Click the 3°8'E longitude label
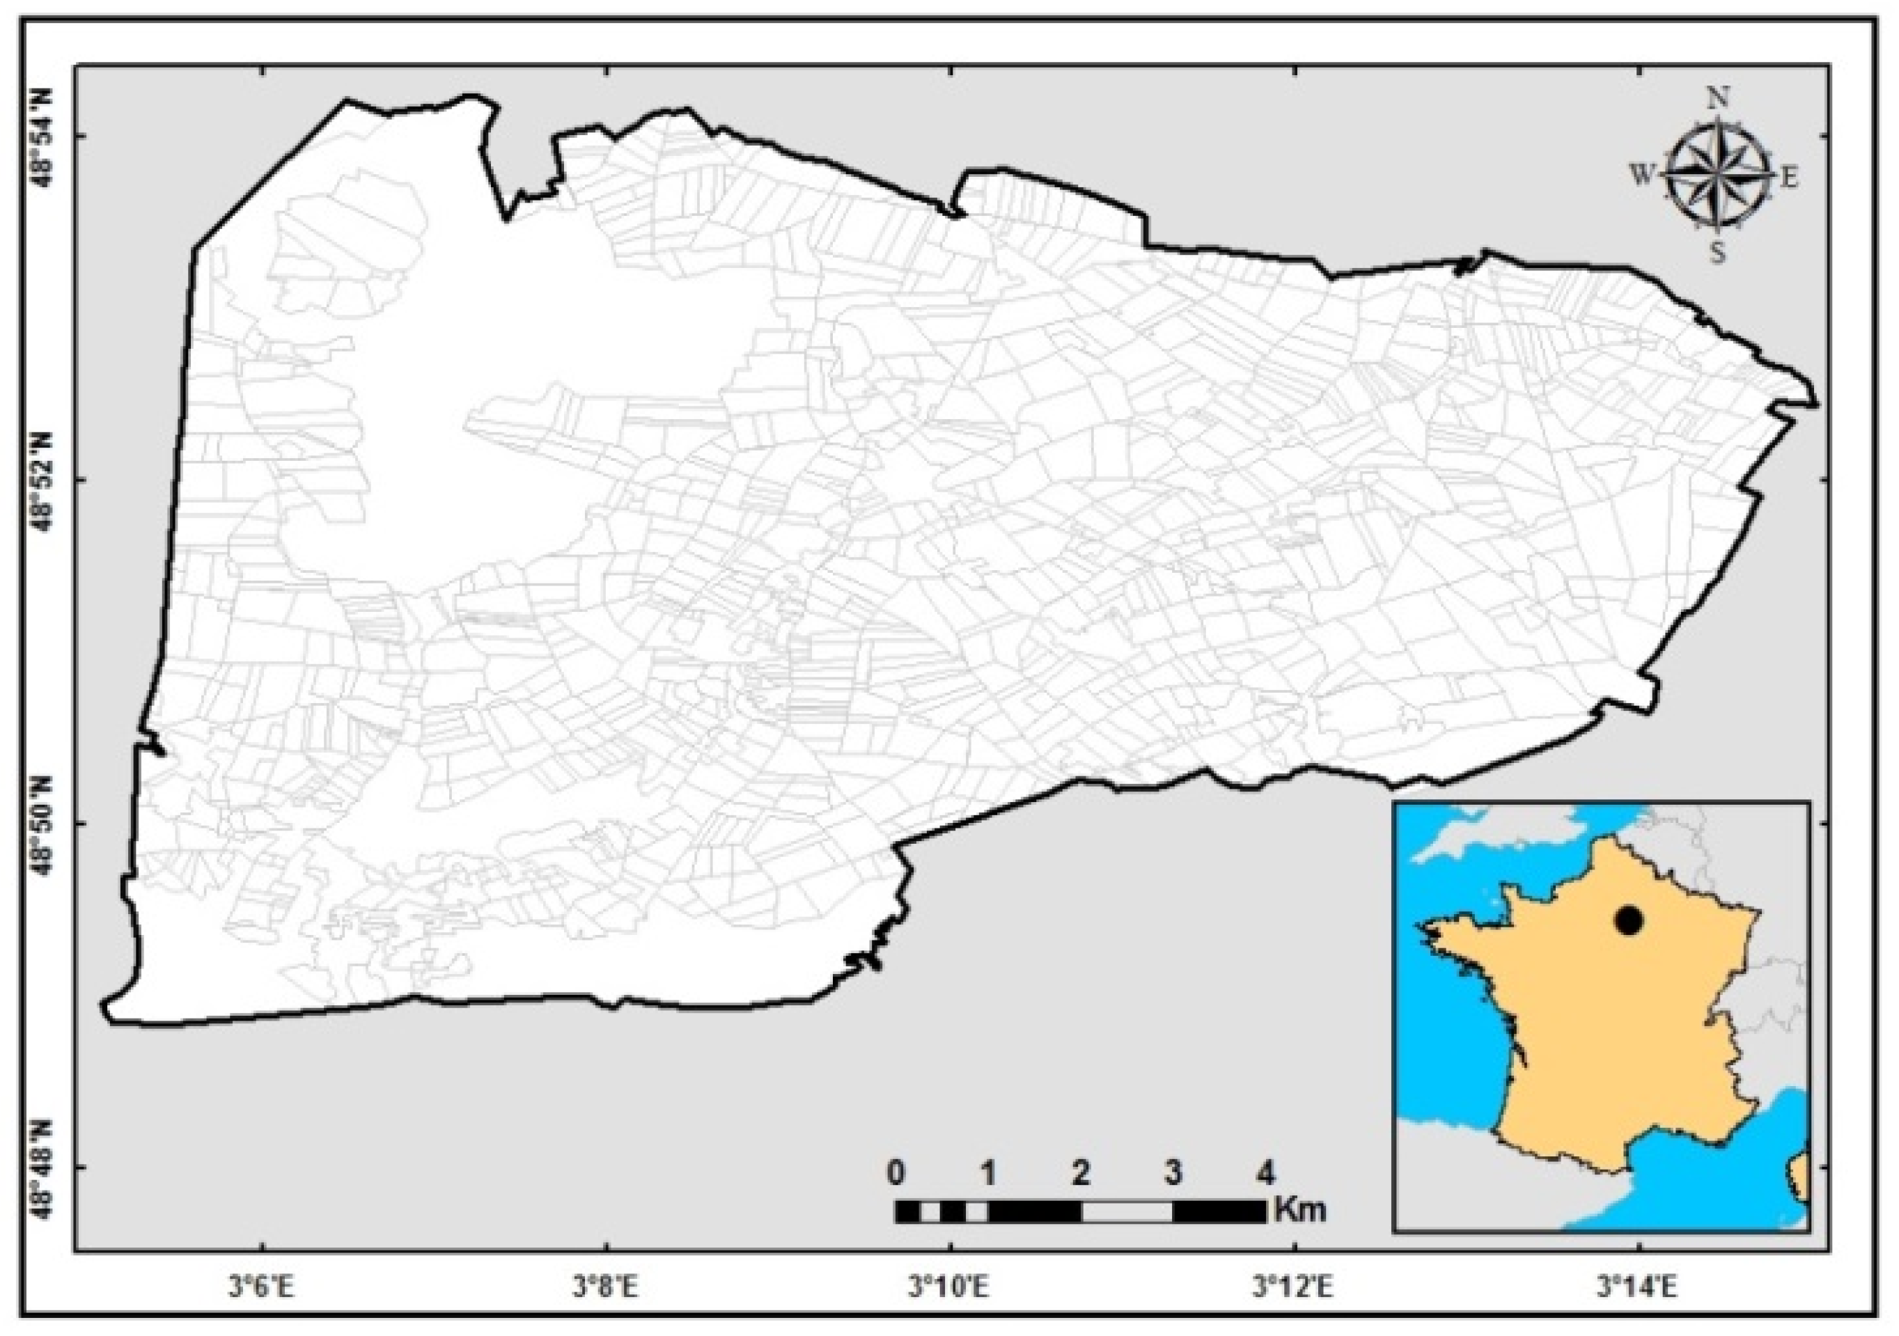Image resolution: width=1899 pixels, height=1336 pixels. pyautogui.click(x=607, y=1287)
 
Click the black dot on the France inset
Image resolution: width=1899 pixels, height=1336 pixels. pyautogui.click(x=1629, y=920)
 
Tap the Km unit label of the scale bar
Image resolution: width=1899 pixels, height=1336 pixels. pyautogui.click(x=1301, y=1209)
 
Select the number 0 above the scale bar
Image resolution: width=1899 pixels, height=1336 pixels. pyautogui.click(x=896, y=1172)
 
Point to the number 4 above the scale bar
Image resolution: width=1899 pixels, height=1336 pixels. pyautogui.click(x=1265, y=1172)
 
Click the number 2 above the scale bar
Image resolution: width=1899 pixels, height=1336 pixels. pyautogui.click(x=1081, y=1172)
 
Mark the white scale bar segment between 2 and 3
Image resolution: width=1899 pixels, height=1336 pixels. pyautogui.click(x=1127, y=1212)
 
